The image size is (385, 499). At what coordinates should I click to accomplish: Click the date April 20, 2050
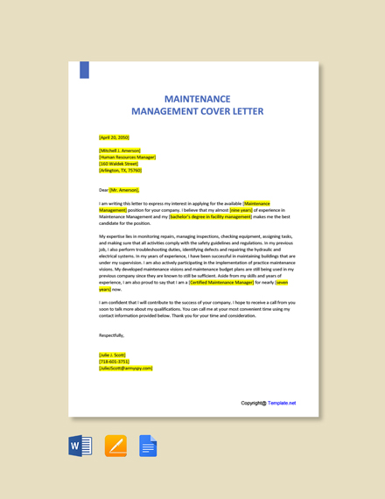point(114,137)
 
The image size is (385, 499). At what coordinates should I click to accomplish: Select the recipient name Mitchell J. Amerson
point(120,151)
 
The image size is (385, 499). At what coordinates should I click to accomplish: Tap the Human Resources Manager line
point(127,157)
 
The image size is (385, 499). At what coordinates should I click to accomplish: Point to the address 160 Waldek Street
point(119,164)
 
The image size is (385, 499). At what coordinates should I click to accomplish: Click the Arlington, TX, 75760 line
point(120,170)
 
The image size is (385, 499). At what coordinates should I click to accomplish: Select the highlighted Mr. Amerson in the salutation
point(124,189)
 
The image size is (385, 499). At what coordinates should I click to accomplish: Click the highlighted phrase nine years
point(241,210)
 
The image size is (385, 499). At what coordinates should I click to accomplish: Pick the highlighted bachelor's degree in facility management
point(210,216)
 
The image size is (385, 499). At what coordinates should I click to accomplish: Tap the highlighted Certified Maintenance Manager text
point(221,283)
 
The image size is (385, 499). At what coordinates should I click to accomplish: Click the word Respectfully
point(112,334)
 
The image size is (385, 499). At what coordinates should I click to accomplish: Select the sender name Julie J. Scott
point(113,355)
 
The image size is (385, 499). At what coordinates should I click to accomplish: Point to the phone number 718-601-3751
point(115,362)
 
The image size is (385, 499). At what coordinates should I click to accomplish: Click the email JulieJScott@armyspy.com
point(126,368)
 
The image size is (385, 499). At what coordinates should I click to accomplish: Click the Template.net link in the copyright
point(282,404)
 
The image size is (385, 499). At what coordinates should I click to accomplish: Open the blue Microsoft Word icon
point(80,446)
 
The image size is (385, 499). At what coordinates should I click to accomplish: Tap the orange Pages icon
point(115,446)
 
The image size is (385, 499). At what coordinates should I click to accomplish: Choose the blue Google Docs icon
point(148,446)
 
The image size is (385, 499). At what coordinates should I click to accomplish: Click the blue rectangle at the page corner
point(85,70)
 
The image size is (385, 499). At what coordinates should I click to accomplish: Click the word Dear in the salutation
point(103,189)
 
